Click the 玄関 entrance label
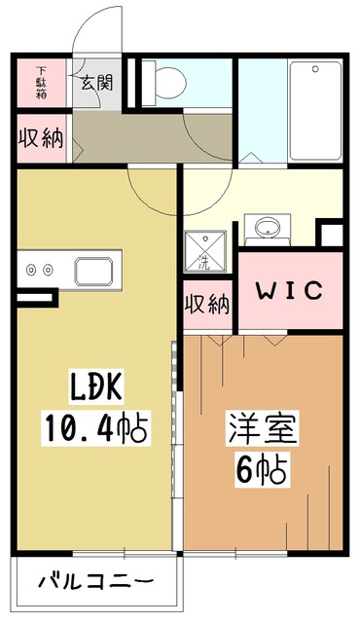point(96,82)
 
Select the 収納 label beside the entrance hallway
point(42,137)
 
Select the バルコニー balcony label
point(94,582)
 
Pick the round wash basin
point(267,229)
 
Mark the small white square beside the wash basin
point(331,235)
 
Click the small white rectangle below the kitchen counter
point(35,295)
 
